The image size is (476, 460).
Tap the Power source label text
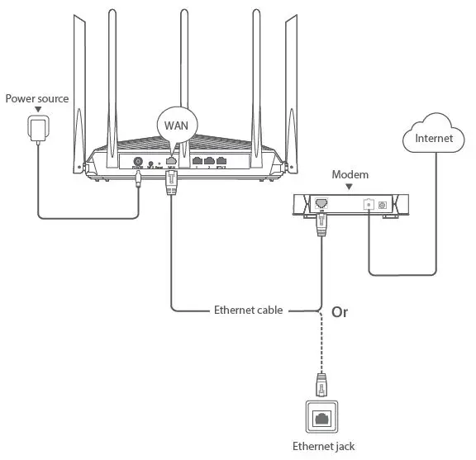(37, 99)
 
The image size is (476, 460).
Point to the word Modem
(350, 175)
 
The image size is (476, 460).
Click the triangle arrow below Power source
(37, 110)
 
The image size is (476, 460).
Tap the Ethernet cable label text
(248, 311)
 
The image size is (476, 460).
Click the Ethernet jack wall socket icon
(320, 418)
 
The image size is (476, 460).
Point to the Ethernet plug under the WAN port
(172, 188)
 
